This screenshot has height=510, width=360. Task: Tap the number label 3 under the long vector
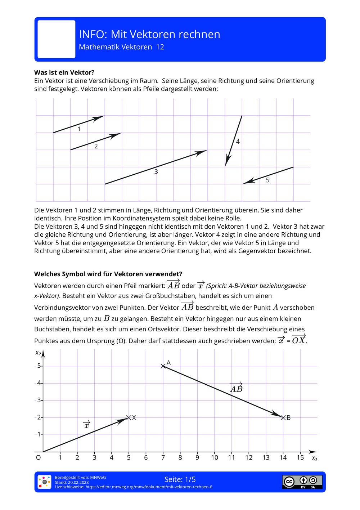click(156, 172)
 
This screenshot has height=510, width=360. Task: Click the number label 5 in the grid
click(267, 180)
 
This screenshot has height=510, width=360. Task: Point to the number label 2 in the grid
click(96, 146)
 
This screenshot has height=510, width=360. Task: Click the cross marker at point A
click(163, 366)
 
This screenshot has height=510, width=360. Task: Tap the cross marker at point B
click(283, 417)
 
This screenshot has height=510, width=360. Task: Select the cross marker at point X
click(129, 417)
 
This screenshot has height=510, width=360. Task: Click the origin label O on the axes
click(39, 458)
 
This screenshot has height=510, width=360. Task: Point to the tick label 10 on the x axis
click(215, 458)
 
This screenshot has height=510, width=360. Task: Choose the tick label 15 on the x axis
click(300, 458)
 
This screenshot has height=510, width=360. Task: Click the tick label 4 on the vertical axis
click(39, 383)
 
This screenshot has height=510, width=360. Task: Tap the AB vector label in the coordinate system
click(236, 388)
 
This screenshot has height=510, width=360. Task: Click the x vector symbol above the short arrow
click(87, 425)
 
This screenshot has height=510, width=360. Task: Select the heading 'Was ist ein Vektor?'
click(64, 72)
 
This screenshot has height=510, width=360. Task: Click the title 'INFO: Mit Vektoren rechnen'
click(149, 34)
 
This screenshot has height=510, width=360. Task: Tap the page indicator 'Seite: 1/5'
click(180, 479)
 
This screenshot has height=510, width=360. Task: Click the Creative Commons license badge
click(302, 482)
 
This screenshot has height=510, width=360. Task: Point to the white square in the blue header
click(57, 39)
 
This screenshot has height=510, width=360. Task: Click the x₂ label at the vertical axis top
click(38, 353)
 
